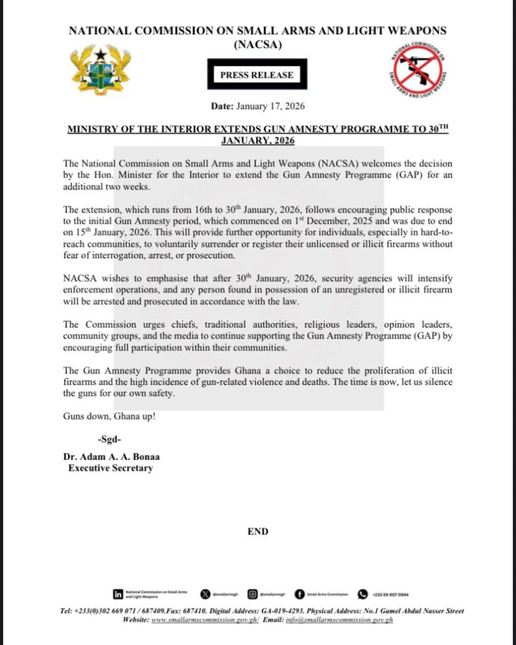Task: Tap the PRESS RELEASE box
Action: click(x=257, y=75)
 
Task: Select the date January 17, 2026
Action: click(x=272, y=106)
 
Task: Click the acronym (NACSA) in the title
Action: click(x=257, y=43)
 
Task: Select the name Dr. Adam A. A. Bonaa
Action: click(x=110, y=456)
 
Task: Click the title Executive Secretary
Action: click(x=110, y=468)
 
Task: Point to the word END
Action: click(x=258, y=532)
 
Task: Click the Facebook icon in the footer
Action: click(x=300, y=593)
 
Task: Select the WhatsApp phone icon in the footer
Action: click(x=362, y=593)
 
